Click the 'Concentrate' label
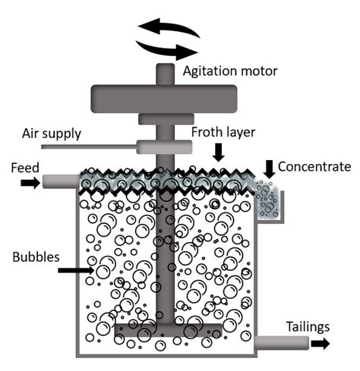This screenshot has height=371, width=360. [314, 166]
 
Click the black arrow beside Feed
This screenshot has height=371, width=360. [30, 182]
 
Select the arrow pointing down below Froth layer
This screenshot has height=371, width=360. [219, 154]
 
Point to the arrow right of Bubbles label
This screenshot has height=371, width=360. [76, 269]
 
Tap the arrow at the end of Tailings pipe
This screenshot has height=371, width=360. [321, 343]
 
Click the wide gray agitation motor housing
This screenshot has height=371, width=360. [165, 96]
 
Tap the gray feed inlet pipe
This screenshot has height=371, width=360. [61, 181]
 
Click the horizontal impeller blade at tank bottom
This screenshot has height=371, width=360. [167, 330]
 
